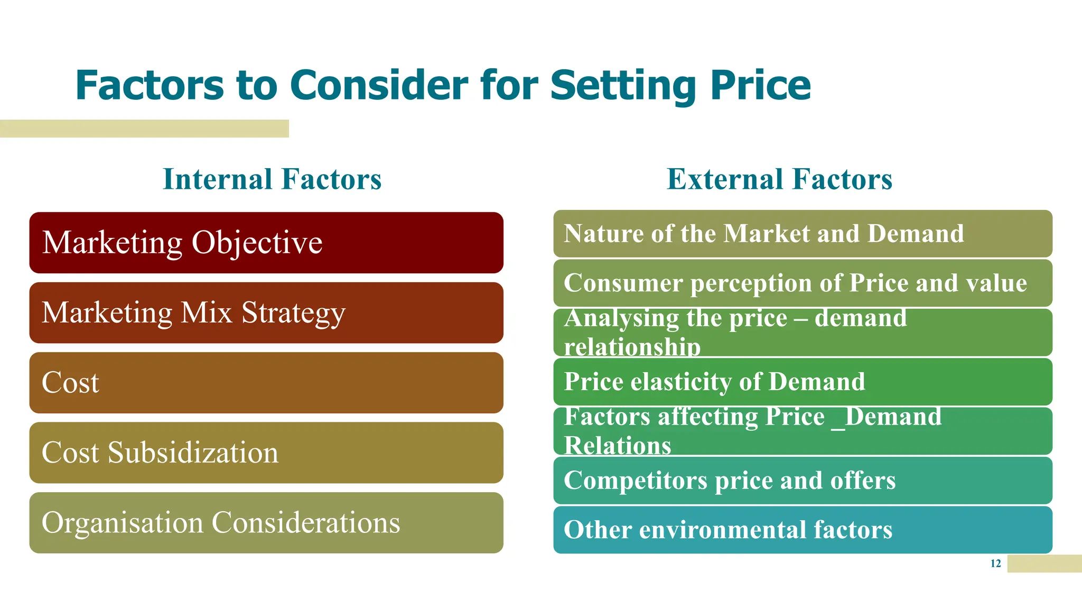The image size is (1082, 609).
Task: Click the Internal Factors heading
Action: pos(272,179)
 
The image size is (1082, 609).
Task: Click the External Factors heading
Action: pos(779,179)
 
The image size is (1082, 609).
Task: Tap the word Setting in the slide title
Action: pos(623,85)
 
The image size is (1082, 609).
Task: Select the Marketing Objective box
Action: pos(266,243)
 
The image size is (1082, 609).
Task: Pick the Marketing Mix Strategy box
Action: pos(266,313)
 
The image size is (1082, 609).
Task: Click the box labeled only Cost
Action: pos(266,383)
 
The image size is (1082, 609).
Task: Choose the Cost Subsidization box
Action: pos(266,453)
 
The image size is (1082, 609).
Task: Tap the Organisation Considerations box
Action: pos(266,523)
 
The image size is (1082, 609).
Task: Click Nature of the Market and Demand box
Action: pos(803,234)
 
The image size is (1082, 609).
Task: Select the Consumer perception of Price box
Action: pos(803,283)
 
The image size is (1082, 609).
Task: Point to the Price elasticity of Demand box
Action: pos(803,382)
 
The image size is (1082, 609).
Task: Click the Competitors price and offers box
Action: pos(803,481)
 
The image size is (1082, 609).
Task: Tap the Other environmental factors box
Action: pos(803,530)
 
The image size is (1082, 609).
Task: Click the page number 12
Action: pos(995,564)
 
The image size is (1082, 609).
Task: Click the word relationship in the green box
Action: pos(632,347)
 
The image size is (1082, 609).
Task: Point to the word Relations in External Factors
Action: pos(617,445)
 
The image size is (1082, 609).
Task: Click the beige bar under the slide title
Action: pos(144,128)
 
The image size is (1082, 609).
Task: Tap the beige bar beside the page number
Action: pos(1044,564)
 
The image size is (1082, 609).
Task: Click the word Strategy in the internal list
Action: pos(293,313)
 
